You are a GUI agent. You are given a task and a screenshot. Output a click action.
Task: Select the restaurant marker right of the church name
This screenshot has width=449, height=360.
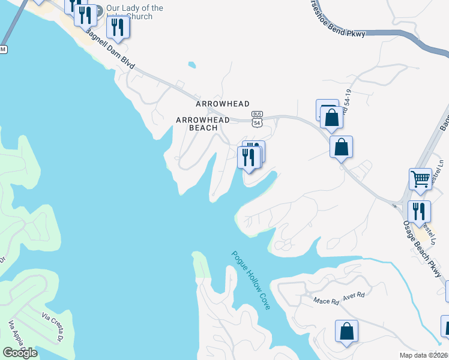pyautogui.click(x=118, y=28)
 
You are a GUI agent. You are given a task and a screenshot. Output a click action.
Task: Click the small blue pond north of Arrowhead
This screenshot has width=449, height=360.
pyautogui.click(x=191, y=64)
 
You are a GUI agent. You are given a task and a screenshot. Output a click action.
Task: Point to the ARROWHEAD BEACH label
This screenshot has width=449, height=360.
pyautogui.click(x=202, y=124)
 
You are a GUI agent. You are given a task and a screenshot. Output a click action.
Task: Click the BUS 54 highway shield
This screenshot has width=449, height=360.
pyautogui.click(x=257, y=119)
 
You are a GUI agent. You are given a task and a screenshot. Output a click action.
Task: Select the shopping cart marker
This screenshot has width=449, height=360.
pyautogui.click(x=420, y=179)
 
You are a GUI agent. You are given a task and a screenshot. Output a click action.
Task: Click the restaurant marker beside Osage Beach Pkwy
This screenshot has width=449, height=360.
pyautogui.click(x=418, y=212)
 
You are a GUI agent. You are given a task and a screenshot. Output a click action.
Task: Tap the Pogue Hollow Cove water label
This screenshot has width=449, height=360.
pyautogui.click(x=251, y=280)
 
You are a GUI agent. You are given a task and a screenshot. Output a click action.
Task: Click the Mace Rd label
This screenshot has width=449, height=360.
pyautogui.click(x=327, y=300)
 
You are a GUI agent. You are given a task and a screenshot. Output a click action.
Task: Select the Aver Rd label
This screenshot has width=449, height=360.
pyautogui.click(x=354, y=296)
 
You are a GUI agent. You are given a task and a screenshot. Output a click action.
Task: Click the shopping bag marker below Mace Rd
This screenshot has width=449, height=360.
pyautogui.click(x=346, y=332)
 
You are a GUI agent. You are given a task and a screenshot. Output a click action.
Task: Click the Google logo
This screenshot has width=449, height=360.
pyautogui.click(x=20, y=353)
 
